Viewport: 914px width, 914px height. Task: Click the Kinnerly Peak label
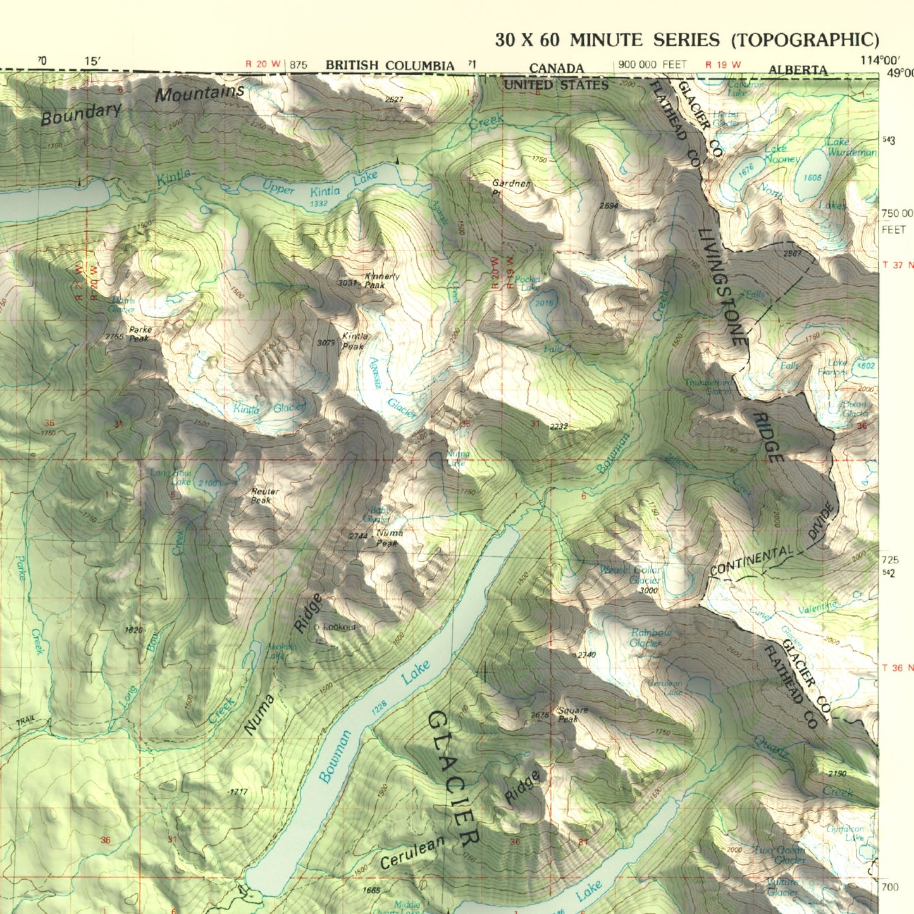tap(382, 281)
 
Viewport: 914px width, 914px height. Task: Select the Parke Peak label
tap(139, 334)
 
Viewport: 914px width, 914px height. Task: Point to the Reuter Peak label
tap(264, 495)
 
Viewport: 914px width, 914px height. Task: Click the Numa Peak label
tap(388, 538)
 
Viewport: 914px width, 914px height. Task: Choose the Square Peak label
tap(572, 714)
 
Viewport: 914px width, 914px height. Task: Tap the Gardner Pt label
tap(510, 188)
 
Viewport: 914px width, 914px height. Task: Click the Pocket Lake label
tap(528, 283)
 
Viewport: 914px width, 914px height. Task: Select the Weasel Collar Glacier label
tap(631, 574)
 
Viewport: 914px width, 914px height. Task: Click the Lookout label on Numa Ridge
tap(340, 627)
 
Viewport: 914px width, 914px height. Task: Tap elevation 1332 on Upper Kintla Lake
tap(319, 204)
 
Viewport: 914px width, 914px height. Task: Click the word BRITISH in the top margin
tap(352, 66)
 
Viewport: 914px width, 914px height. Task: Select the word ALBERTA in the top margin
tap(798, 70)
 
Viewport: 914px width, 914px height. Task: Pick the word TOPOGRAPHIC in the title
tap(805, 40)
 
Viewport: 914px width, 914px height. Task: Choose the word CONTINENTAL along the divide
tap(751, 561)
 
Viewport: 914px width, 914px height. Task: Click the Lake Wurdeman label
tap(851, 147)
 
